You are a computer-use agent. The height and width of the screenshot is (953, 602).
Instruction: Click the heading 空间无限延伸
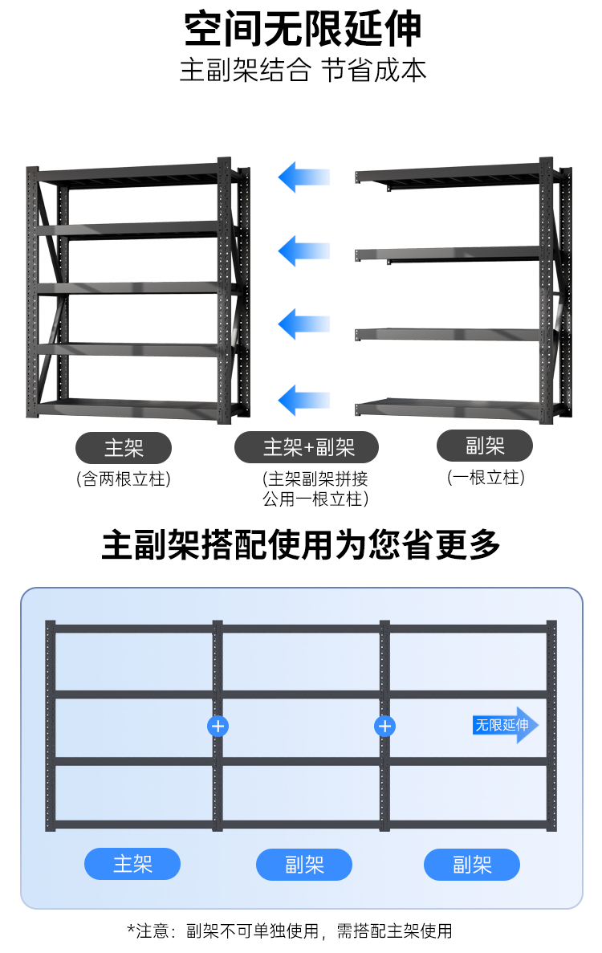point(303,30)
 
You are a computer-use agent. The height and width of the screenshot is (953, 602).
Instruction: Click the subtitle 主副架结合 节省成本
point(303,70)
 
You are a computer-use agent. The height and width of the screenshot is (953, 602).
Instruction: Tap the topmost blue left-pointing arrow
point(304,176)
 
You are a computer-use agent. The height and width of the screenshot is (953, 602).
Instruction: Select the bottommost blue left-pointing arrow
point(304,399)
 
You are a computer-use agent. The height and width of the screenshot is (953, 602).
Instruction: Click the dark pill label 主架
point(123,447)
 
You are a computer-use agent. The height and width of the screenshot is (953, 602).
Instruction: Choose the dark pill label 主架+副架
point(306,447)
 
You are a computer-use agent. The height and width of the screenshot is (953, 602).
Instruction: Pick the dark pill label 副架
point(485,446)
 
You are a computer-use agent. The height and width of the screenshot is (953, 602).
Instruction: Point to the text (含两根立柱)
point(123,480)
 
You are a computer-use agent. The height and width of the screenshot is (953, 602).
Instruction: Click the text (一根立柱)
point(485,478)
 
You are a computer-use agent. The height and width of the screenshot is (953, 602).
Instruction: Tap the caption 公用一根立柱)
point(315,499)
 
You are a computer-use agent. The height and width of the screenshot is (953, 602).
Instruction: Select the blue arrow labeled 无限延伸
point(505,725)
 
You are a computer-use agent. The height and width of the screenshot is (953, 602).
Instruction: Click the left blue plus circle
point(218,726)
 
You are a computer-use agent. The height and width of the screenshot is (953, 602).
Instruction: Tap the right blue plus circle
point(385,726)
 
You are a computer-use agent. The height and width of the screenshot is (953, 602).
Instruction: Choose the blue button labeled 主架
point(132,864)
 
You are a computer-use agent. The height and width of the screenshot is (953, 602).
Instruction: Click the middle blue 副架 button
point(304,865)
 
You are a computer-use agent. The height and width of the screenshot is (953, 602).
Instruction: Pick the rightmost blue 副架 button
point(472,865)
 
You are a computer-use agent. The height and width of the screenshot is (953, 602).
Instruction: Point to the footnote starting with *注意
point(290,931)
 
